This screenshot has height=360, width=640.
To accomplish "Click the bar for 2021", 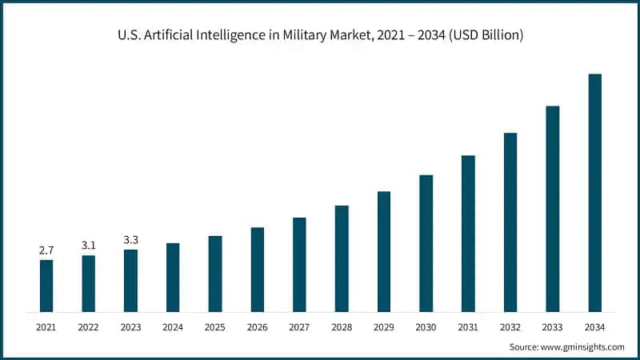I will click(x=46, y=286).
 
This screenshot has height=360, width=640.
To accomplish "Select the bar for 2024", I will click(x=173, y=277).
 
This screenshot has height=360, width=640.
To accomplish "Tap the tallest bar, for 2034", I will click(x=594, y=193).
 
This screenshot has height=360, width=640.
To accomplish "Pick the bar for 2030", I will click(x=426, y=243).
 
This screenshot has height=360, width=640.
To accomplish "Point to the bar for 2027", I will click(x=299, y=264).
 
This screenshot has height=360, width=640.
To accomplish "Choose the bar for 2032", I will click(x=510, y=222).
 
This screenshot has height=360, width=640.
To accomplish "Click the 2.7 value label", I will click(x=46, y=250).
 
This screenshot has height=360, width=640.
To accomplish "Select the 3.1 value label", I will click(x=89, y=246).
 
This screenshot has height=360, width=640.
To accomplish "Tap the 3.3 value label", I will click(x=130, y=240).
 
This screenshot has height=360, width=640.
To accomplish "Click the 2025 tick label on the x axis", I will click(x=214, y=326).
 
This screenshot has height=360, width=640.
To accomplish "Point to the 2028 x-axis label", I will click(x=342, y=326).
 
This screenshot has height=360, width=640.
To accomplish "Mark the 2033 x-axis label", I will click(x=552, y=326).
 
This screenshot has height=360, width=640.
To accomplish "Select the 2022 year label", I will click(x=89, y=326).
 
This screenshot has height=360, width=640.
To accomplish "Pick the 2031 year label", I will click(x=468, y=326).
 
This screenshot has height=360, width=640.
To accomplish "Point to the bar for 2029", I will click(x=384, y=251).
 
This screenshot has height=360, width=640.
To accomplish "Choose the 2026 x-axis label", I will click(x=257, y=326).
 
